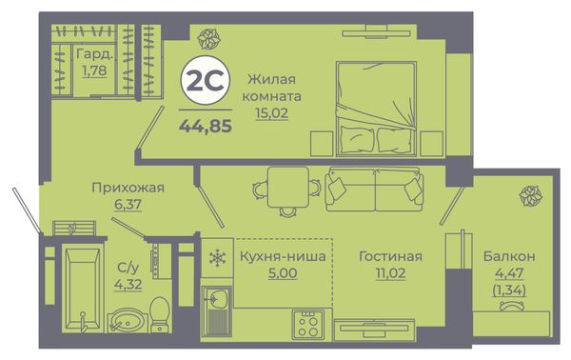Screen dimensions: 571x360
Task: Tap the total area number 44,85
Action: click(206, 126)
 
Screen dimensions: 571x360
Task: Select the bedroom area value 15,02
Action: click(271, 112)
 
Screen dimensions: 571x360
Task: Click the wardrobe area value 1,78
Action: click(94, 70)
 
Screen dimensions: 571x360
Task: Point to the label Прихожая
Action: click(128, 188)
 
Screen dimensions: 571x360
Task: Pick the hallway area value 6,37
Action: click(128, 205)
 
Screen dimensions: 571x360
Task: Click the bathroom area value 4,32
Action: click(128, 284)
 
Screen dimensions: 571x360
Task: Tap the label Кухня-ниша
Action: click(283, 256)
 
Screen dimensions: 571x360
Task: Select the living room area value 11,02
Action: click(390, 273)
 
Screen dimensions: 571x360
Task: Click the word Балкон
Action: click(509, 256)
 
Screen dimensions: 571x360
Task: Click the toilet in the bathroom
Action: click(160, 314)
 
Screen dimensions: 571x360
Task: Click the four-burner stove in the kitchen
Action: click(307, 324)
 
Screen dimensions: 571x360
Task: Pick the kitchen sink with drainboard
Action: click(217, 310)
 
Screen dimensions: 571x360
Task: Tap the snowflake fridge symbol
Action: click(217, 258)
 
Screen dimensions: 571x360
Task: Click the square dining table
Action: click(287, 188)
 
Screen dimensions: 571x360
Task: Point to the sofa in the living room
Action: click(374, 190)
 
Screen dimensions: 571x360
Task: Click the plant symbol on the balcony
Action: click(530, 195)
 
